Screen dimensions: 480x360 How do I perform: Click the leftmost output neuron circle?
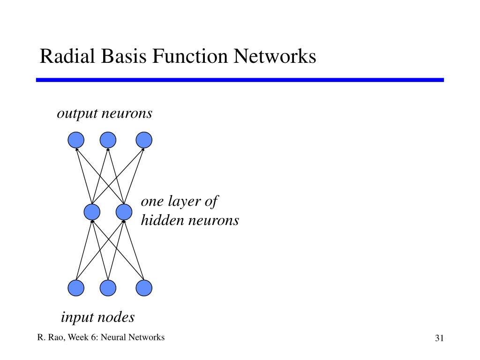76,140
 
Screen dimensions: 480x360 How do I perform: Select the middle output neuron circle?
108,140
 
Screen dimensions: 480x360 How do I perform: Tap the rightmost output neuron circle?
144,140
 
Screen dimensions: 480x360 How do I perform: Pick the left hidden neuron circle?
92,211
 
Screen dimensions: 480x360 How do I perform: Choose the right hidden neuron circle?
124,211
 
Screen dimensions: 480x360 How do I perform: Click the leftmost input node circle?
76,288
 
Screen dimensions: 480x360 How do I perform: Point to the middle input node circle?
108,288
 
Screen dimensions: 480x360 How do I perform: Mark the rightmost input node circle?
144,288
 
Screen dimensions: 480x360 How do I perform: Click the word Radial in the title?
67,56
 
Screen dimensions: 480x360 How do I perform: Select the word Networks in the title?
275,56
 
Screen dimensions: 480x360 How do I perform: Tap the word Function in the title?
190,56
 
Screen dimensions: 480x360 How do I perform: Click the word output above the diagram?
77,114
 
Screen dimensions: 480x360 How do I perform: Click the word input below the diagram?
76,317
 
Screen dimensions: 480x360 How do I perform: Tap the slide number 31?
439,338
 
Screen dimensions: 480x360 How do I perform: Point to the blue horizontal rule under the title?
240,80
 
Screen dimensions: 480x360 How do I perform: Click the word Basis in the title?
124,56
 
